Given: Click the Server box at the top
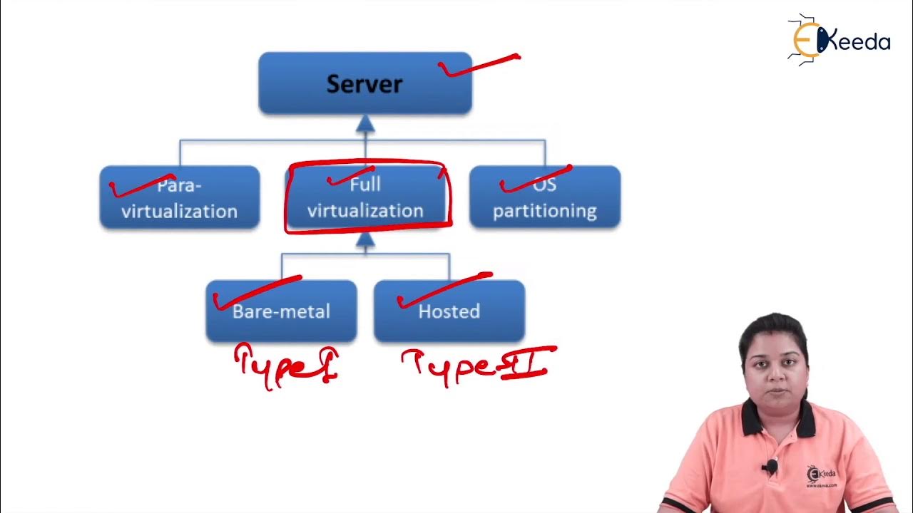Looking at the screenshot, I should [x=364, y=83].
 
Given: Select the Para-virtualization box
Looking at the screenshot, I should [x=179, y=197].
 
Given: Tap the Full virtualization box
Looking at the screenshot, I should [x=365, y=197].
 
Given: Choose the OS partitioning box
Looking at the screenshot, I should [x=544, y=197].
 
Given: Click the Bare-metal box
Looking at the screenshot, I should [x=281, y=311].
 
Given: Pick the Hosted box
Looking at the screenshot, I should [x=449, y=311].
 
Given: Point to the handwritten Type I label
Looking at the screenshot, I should [x=285, y=366].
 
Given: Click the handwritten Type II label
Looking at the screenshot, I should [x=476, y=365].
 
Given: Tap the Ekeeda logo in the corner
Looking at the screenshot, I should [x=839, y=41].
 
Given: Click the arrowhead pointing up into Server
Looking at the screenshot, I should [x=365, y=124].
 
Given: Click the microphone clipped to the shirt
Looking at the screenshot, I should [x=770, y=467].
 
